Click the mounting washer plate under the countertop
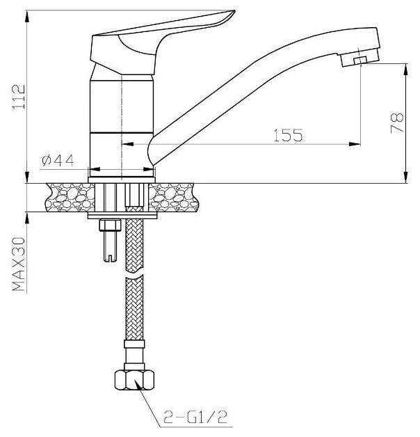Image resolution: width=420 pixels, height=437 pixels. [x=122, y=215]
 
